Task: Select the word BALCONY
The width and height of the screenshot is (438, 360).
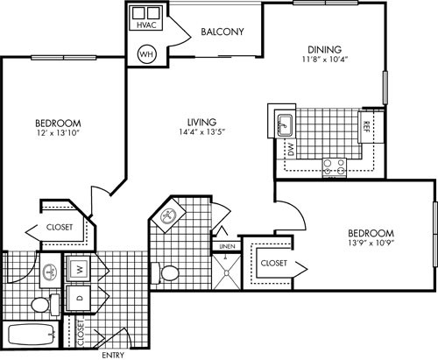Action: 222,32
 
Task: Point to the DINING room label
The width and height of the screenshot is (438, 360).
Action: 324,50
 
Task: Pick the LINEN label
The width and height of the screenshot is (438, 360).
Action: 226,246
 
